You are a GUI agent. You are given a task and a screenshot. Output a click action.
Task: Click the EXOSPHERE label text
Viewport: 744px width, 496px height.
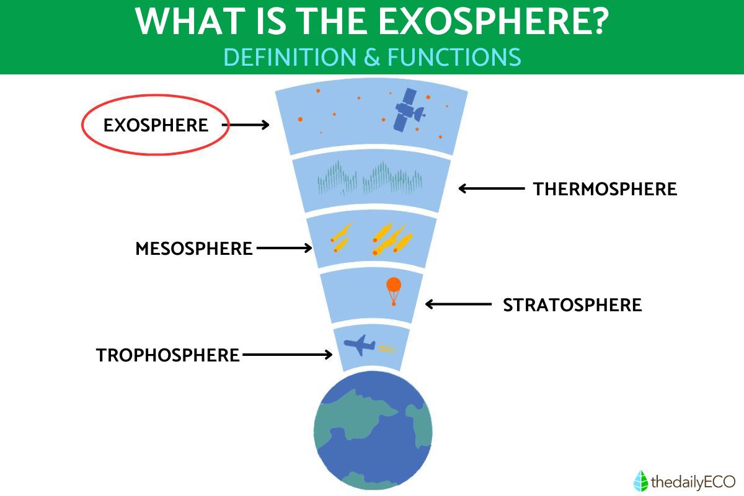point(156,125)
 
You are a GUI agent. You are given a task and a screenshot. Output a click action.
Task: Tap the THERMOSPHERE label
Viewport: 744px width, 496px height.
point(605,189)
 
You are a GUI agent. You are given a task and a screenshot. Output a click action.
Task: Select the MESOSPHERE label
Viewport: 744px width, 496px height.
point(194,249)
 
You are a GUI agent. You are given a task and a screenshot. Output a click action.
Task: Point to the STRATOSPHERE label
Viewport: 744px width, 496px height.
point(572,305)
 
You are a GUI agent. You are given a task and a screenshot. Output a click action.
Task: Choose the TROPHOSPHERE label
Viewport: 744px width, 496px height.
point(168,355)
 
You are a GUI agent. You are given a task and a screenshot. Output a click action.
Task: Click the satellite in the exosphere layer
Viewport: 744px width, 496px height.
point(409,110)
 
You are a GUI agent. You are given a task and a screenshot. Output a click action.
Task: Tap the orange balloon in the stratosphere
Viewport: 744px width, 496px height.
point(394,291)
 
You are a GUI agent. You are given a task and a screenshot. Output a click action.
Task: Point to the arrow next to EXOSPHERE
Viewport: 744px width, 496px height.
point(246,125)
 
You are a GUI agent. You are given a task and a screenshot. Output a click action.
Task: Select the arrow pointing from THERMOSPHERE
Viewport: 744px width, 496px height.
point(492,188)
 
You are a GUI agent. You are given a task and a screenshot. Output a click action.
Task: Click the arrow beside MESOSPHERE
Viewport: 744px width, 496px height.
point(285,248)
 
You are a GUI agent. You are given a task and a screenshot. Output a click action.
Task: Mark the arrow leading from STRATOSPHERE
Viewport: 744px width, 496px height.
point(458,304)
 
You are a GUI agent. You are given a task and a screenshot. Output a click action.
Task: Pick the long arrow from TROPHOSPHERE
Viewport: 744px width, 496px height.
point(287,355)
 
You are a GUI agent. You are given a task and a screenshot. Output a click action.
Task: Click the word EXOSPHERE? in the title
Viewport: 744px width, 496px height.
point(494,21)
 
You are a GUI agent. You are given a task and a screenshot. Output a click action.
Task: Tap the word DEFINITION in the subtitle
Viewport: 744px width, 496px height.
point(290,57)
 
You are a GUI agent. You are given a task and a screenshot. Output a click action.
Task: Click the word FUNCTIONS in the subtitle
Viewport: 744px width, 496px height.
point(454,57)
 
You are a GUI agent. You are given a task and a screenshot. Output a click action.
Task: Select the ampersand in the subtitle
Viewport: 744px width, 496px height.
point(372,57)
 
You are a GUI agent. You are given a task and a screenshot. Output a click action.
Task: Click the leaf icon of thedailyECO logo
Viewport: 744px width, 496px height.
point(640,480)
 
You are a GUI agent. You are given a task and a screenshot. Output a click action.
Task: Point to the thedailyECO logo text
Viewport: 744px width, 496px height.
point(693,482)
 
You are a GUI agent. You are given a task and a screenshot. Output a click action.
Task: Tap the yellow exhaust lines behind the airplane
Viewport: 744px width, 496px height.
point(387,348)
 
